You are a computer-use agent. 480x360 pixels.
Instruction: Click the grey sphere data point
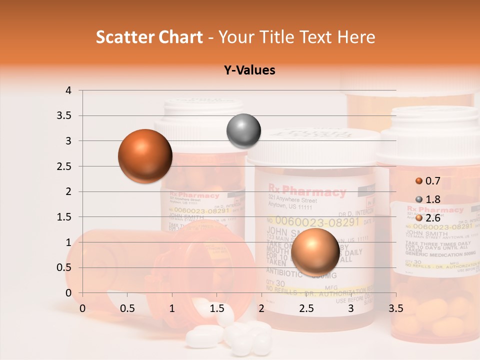(243, 131)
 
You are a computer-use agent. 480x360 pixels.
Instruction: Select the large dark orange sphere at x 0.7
(145, 156)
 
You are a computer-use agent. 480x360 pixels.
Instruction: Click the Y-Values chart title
(249, 70)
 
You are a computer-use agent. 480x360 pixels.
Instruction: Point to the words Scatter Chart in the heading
(149, 37)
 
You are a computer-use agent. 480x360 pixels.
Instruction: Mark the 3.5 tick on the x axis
(395, 308)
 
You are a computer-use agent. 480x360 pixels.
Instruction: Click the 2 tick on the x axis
(261, 308)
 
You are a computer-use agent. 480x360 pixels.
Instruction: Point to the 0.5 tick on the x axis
(127, 308)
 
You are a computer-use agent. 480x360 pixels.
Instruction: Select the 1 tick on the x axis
(172, 308)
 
